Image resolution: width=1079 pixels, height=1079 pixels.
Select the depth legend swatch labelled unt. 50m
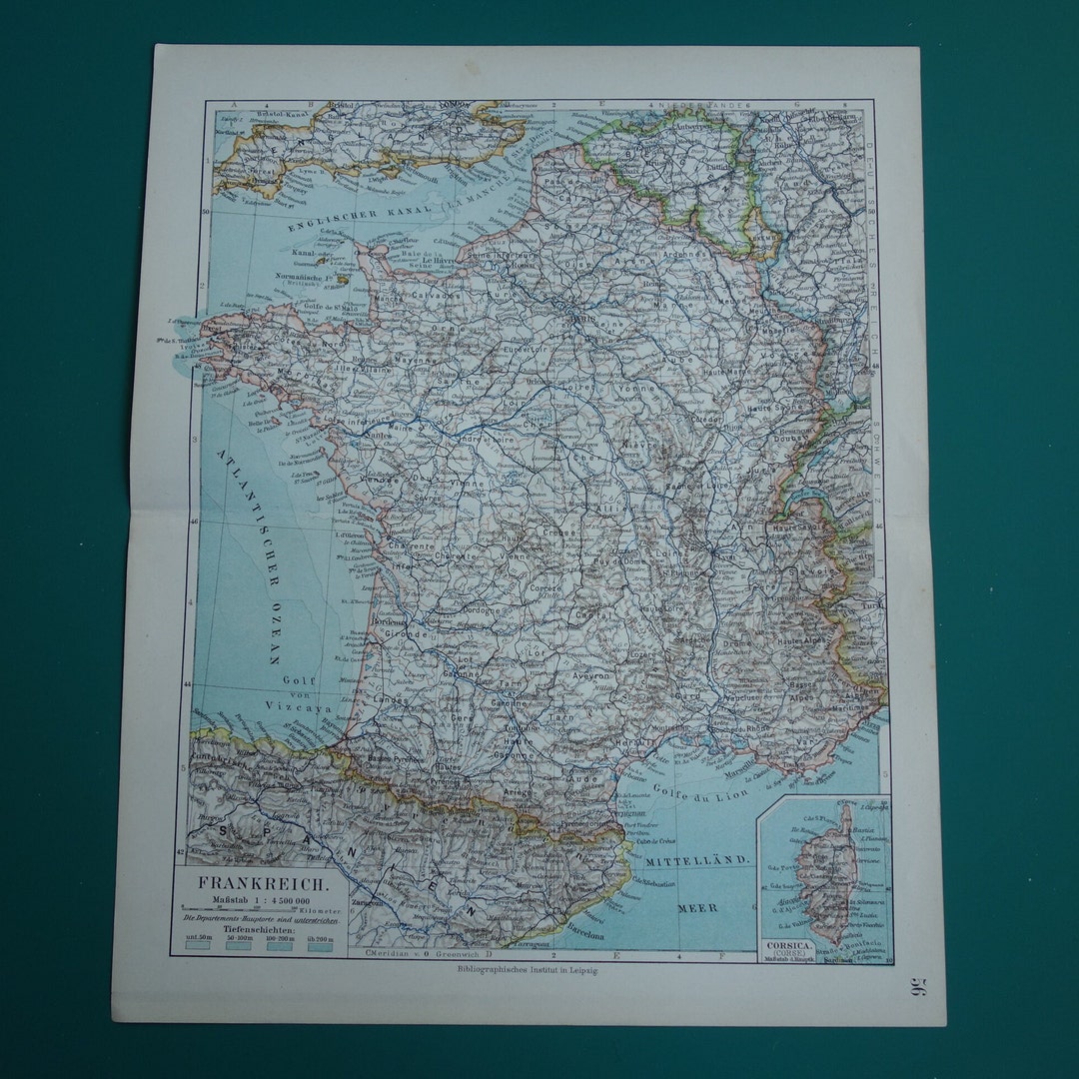(x=198, y=946)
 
